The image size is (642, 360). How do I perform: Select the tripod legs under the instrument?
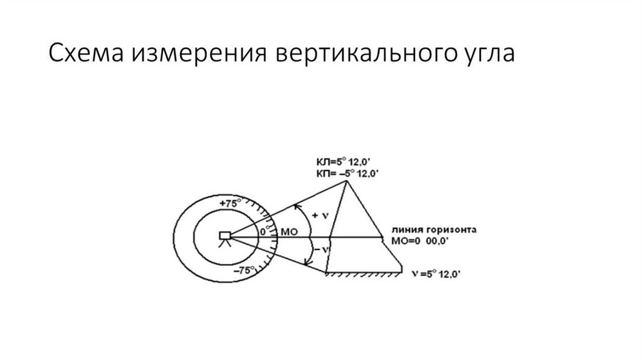pos(225,246)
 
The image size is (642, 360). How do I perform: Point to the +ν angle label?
pos(322,215)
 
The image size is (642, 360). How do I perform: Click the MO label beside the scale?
pos(290,232)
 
